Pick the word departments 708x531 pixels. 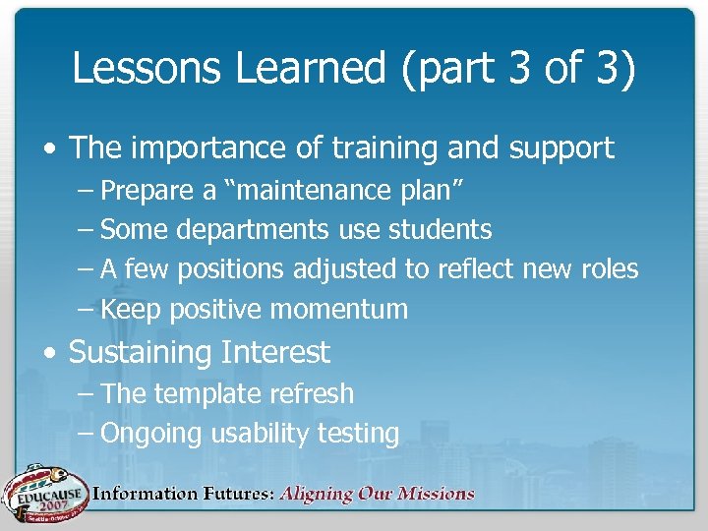coord(253,229)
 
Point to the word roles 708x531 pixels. coord(608,269)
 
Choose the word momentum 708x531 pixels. coord(338,310)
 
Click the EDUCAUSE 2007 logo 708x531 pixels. coord(44,493)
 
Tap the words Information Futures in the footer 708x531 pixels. coord(182,494)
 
